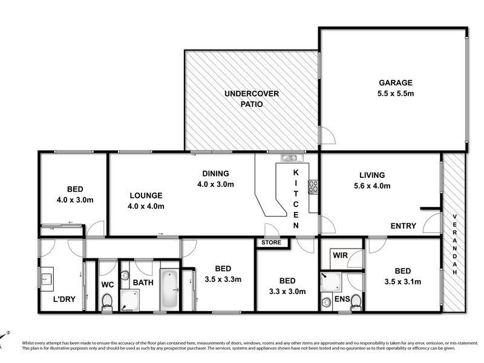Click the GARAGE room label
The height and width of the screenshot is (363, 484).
click(x=396, y=83)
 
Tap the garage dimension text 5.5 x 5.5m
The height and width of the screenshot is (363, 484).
click(x=396, y=94)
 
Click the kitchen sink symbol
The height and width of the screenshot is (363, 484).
click(x=289, y=159)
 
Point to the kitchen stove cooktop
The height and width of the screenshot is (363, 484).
click(x=314, y=187)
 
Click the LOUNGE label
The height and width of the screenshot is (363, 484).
click(x=146, y=195)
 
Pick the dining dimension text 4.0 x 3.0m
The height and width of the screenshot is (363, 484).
click(x=215, y=184)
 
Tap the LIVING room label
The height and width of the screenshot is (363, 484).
click(x=372, y=175)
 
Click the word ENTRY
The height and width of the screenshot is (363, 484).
click(x=403, y=226)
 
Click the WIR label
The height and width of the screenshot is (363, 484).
click(x=339, y=257)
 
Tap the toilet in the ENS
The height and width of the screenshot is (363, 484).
click(x=356, y=301)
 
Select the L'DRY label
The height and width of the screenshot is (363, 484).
click(x=64, y=299)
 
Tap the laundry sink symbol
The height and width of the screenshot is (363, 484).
click(x=47, y=279)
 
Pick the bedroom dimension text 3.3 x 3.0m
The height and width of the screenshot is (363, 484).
click(x=287, y=291)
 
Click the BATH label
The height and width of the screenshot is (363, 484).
click(x=143, y=283)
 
